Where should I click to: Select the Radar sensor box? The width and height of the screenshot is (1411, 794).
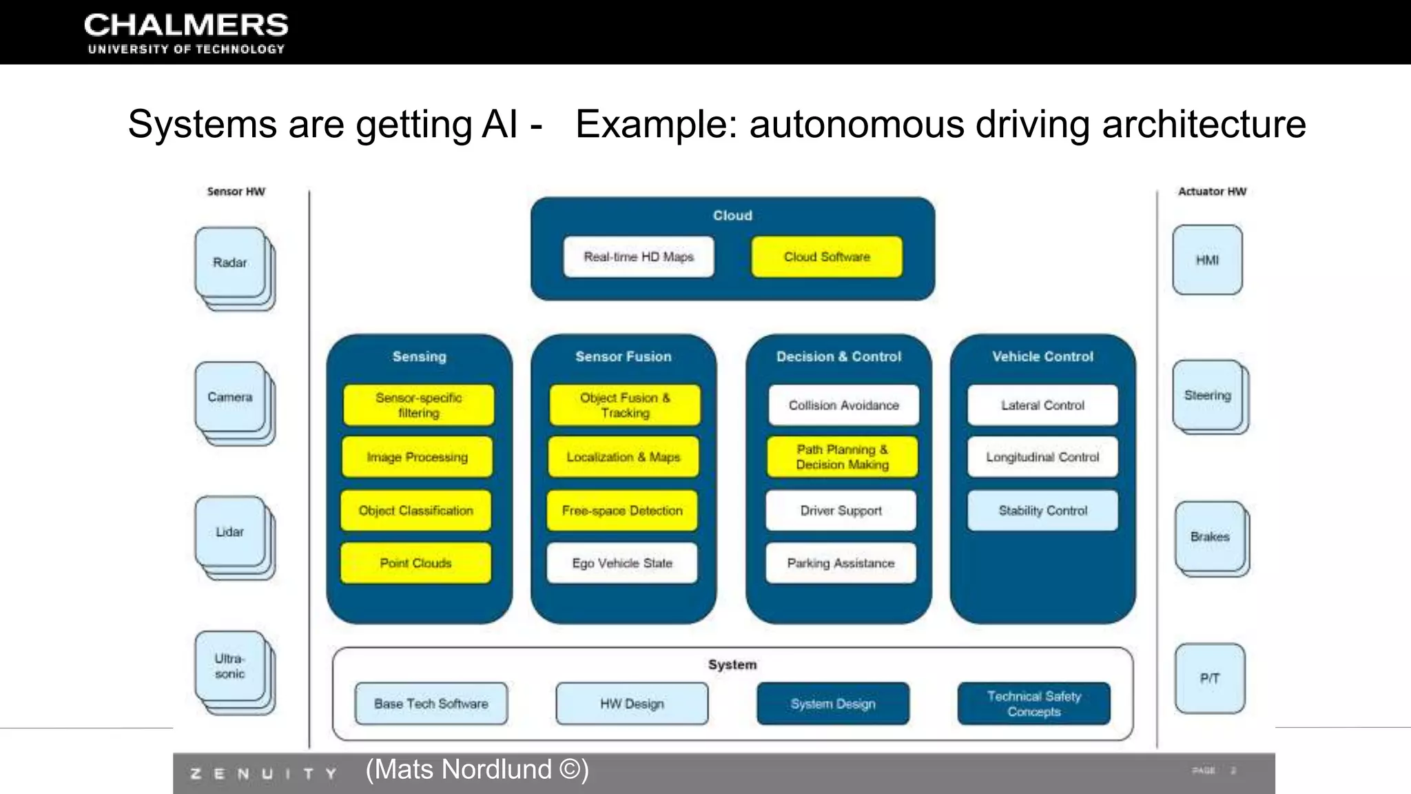[x=230, y=263]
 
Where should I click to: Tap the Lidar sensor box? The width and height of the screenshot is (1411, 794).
[x=230, y=531]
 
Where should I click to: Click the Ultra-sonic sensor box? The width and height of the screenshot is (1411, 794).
[x=230, y=666]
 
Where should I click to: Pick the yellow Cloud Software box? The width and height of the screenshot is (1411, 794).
[x=827, y=257]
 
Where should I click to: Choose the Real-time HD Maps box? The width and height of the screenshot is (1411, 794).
[x=639, y=257]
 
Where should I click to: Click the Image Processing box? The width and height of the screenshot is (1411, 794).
[x=418, y=457]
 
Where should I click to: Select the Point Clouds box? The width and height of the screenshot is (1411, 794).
[x=416, y=563]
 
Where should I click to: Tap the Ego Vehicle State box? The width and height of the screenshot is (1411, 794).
[x=622, y=563]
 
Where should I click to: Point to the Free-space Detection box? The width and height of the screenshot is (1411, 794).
[x=622, y=511]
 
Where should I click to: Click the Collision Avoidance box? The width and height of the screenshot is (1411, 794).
[x=844, y=405]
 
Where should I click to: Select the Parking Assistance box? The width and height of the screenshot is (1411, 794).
[x=841, y=563]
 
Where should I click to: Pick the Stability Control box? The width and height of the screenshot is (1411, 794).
[x=1042, y=511]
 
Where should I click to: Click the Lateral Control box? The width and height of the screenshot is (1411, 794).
[x=1042, y=405]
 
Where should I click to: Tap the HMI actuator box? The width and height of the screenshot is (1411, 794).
[x=1207, y=260]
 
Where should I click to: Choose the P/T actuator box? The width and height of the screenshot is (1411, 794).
[x=1210, y=678]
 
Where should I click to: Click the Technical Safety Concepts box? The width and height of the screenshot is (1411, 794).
[x=1034, y=704]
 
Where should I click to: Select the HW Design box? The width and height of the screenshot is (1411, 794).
[x=632, y=704]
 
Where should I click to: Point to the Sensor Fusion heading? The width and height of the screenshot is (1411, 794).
[x=624, y=356]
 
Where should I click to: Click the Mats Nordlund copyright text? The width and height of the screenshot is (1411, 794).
[x=477, y=769]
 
